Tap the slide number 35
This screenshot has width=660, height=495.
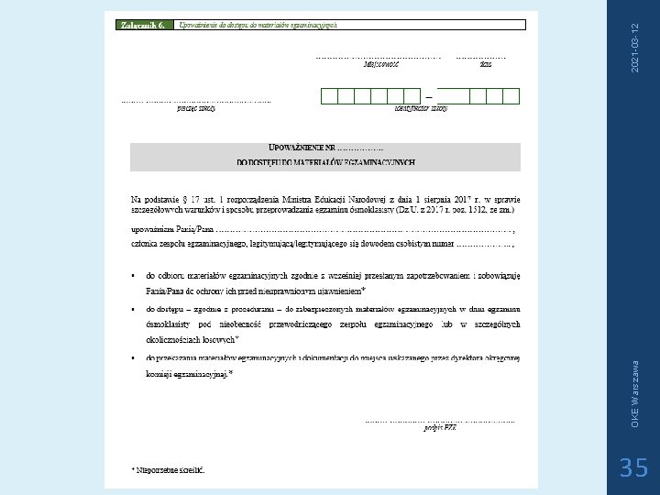(633, 467)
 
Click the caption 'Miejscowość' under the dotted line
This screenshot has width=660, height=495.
(381, 64)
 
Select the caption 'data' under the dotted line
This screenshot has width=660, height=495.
(486, 64)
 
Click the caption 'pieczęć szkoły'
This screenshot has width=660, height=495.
(196, 107)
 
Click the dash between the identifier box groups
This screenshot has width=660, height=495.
(427, 95)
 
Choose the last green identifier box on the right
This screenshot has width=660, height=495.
(511, 95)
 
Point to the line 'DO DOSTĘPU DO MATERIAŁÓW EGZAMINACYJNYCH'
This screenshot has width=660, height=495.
(325, 163)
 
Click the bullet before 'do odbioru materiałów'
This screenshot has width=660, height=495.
(134, 274)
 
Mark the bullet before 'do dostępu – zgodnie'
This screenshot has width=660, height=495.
(134, 308)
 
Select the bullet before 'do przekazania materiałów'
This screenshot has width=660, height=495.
(134, 358)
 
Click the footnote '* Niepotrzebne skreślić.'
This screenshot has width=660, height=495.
(169, 469)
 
